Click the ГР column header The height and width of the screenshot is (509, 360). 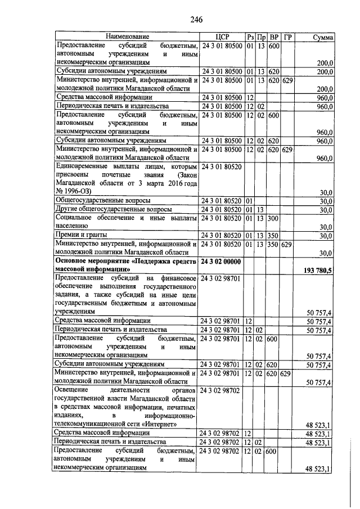pos(287,37)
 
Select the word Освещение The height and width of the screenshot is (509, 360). pos(73,389)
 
